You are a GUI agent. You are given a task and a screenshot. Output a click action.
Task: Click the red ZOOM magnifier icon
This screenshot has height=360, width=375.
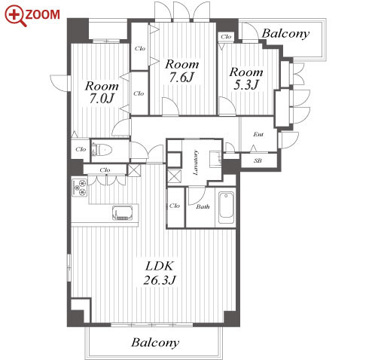15,16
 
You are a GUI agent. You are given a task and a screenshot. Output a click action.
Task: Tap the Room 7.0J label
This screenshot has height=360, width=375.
102,92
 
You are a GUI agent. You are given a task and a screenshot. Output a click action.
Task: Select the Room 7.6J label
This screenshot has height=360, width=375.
181,71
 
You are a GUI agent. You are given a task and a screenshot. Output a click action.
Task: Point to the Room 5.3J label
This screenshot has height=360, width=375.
246,79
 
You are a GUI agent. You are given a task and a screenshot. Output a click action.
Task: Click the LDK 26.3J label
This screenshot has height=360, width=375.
160,273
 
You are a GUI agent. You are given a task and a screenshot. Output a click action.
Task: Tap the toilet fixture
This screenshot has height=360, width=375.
102,150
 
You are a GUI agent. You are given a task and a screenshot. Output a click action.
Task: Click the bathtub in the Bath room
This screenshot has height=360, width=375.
226,208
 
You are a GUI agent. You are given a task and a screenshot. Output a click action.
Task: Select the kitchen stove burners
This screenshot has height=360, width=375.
80,188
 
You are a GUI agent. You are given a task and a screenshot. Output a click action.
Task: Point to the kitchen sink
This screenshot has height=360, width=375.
123,213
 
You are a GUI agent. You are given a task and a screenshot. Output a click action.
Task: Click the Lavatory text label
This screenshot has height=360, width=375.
195,163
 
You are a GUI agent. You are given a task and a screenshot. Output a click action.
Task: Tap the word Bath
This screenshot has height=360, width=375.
203,206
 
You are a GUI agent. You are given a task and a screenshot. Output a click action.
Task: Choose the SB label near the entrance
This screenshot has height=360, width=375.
258,160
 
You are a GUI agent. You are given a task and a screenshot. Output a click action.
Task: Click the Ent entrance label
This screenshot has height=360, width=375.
258,134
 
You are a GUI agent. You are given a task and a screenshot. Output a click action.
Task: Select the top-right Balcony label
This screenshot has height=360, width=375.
285,34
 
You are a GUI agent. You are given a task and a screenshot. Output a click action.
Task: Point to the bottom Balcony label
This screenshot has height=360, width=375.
155,343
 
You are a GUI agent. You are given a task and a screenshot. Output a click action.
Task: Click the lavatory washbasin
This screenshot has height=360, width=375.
216,159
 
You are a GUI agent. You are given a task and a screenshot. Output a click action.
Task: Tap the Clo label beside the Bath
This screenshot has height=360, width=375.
175,206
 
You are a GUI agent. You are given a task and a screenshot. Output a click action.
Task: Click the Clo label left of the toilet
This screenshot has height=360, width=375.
81,149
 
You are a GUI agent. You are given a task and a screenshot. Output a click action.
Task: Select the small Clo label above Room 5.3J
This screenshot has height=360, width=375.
226,37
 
